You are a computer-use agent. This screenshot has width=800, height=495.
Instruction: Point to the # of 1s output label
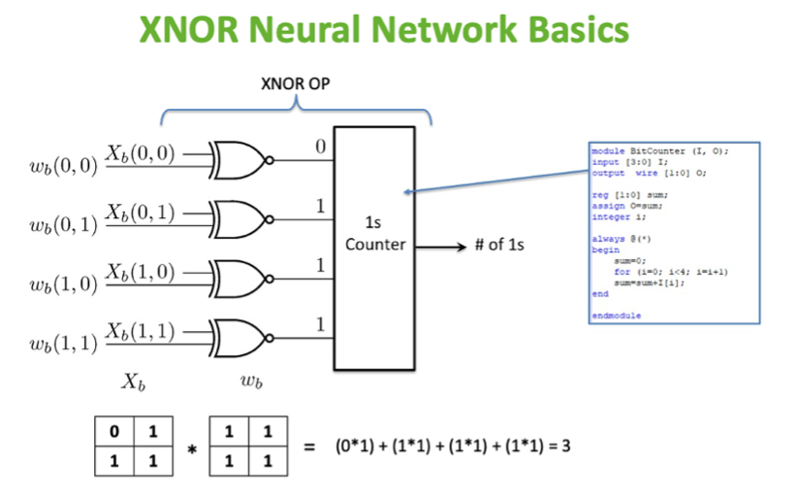(499, 245)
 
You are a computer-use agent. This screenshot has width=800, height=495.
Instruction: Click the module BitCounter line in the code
(659, 151)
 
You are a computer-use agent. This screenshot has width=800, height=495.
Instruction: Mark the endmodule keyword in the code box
(616, 315)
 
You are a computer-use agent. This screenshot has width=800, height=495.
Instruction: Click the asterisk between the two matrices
(192, 449)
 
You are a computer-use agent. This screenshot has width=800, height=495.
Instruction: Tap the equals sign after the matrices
(310, 447)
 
